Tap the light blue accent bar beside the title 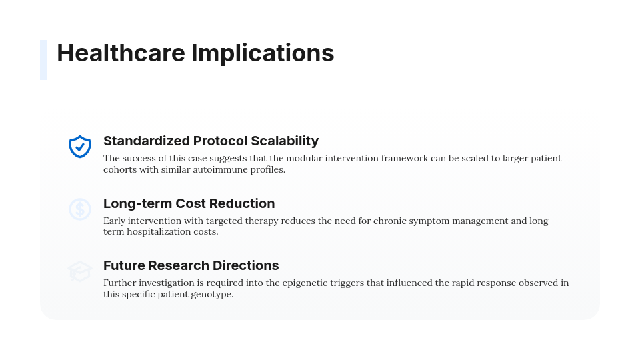(43, 60)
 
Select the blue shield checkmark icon (80, 146)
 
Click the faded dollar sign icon (80, 209)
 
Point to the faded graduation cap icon (80, 271)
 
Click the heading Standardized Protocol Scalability (211, 141)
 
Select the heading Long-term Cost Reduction (189, 203)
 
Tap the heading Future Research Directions (191, 265)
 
